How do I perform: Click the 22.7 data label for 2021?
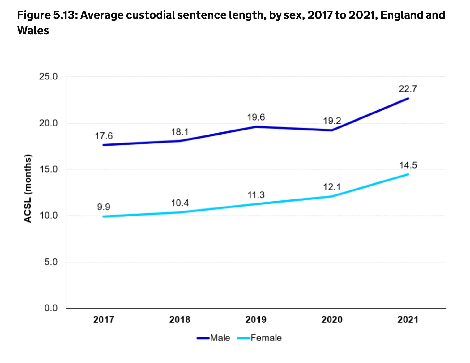tap(408, 89)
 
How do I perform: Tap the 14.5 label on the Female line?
tap(408, 165)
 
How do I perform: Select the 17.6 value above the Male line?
tap(104, 136)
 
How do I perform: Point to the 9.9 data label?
tap(104, 207)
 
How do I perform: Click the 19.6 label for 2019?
tap(256, 117)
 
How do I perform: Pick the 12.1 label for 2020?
tap(331, 187)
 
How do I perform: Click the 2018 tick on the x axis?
tap(180, 319)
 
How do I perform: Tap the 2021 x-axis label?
tap(408, 319)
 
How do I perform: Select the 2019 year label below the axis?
tap(256, 319)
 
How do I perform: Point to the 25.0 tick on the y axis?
tap(49, 77)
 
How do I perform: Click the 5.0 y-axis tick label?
tap(51, 262)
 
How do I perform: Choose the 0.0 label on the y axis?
tap(51, 308)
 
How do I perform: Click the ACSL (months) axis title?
tap(28, 188)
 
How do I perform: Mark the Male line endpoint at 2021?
tap(408, 98)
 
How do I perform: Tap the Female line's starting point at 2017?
tap(104, 216)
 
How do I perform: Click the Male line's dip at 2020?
tap(331, 130)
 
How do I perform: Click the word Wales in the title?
tap(33, 30)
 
